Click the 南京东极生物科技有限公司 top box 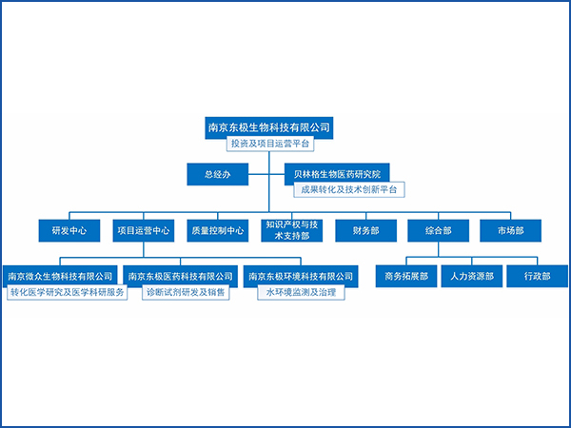(269, 126)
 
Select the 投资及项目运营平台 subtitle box (269, 145)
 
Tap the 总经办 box (218, 174)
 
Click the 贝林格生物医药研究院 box (337, 174)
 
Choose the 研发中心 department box (69, 230)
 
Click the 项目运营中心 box (144, 230)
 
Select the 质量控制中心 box (218, 230)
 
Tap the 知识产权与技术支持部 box (291, 230)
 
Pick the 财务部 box (365, 230)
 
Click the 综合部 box (439, 230)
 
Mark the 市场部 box (514, 230)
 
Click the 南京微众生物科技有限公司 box (61, 277)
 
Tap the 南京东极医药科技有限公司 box (181, 277)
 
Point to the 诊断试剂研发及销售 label (187, 293)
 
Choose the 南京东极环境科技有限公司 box (301, 277)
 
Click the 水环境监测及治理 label (301, 293)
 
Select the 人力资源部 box (472, 277)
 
